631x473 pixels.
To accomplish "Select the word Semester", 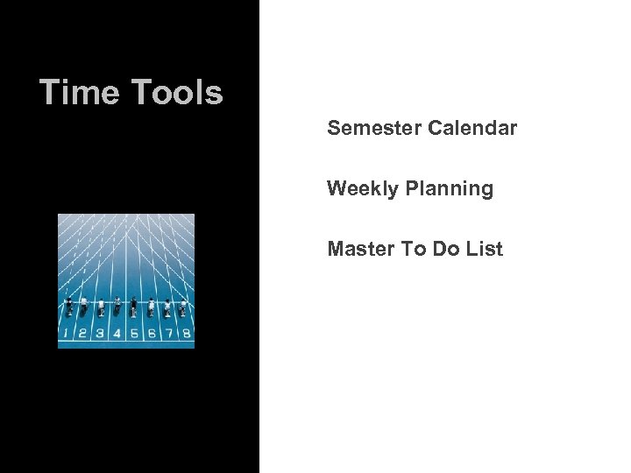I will [374, 129].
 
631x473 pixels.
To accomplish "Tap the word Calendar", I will [473, 129].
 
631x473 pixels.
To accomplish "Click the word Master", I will [360, 249].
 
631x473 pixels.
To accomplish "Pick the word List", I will [485, 249].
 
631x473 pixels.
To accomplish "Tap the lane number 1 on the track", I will [66, 333].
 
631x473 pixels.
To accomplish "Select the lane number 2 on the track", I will [82, 333].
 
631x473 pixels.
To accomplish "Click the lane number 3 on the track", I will [100, 333].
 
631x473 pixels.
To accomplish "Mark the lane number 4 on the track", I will [117, 333].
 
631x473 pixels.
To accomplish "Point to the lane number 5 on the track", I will [134, 333].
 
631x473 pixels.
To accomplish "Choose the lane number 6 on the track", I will [152, 333].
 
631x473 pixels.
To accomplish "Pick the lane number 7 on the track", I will [168, 333].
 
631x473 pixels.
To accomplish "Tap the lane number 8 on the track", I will [186, 333].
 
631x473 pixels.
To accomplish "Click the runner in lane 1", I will [68, 307].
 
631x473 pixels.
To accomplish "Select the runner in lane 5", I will [133, 307].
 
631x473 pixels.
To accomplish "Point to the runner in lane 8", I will [182, 307].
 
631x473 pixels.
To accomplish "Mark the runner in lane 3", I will [101, 307].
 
